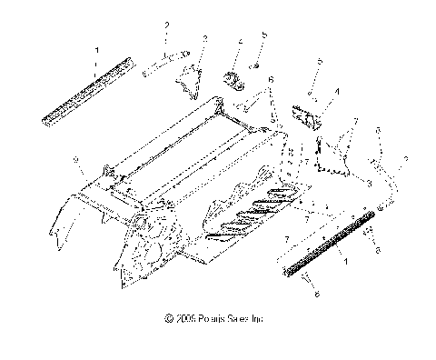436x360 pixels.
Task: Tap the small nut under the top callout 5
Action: click(257, 65)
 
